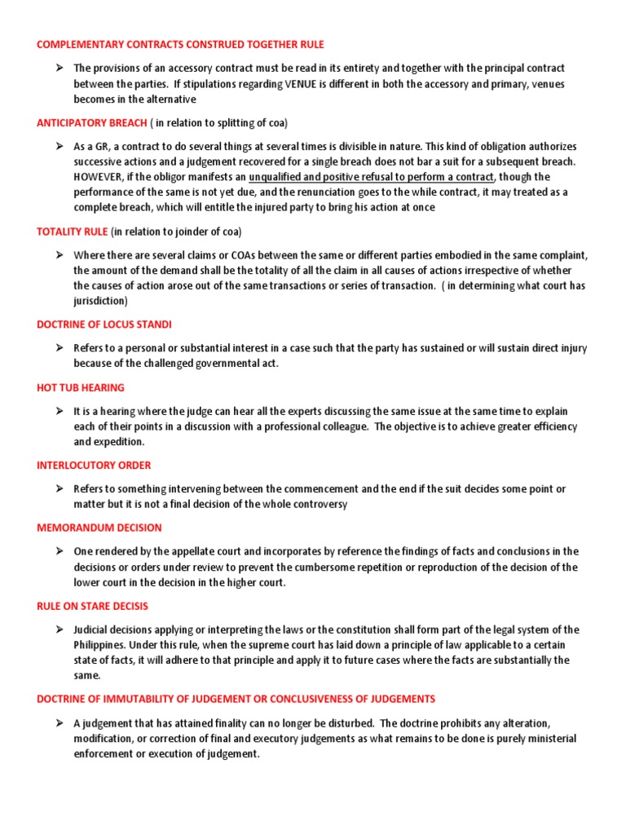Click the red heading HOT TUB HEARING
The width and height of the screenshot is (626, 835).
(81, 387)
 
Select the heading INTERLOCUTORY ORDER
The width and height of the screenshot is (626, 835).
(94, 466)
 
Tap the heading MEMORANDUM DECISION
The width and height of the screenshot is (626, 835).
(99, 528)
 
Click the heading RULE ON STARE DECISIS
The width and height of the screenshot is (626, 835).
(92, 606)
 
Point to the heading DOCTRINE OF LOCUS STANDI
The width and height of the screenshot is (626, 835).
(104, 325)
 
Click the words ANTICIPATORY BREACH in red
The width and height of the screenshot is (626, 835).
(90, 122)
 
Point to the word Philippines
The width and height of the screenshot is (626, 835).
(102, 645)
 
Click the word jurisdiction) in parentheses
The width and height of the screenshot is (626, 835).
(101, 301)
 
